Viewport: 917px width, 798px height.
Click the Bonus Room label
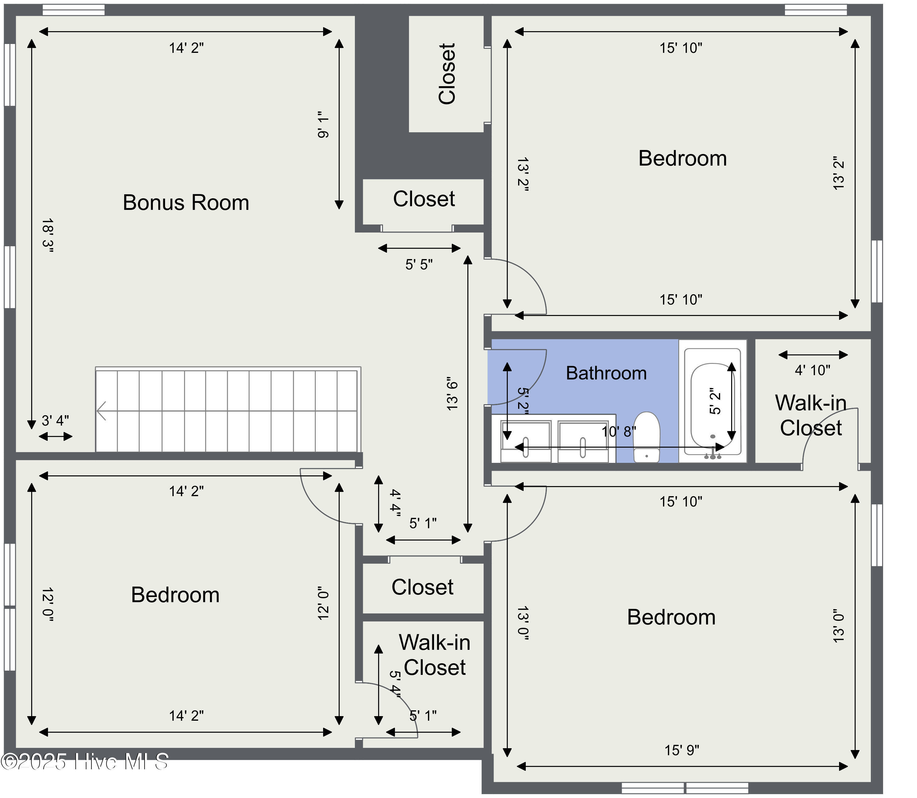click(186, 203)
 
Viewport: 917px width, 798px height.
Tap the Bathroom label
click(606, 373)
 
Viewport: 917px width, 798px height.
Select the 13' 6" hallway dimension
click(452, 394)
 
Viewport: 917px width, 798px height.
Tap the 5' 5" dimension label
click(419, 265)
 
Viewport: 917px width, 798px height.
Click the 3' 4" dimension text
click(55, 420)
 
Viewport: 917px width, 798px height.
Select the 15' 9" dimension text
click(682, 750)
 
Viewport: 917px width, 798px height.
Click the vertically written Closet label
click(447, 74)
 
